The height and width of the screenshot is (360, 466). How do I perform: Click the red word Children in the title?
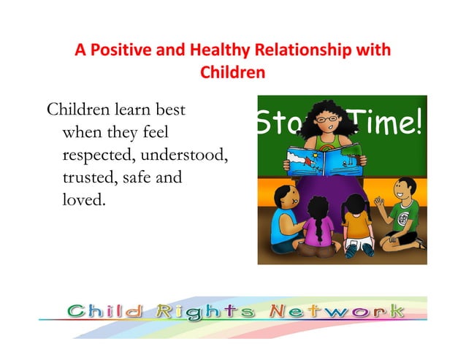[232, 73]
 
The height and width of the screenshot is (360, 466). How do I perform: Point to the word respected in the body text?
[98, 156]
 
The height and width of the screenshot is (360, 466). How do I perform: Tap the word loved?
[85, 199]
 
